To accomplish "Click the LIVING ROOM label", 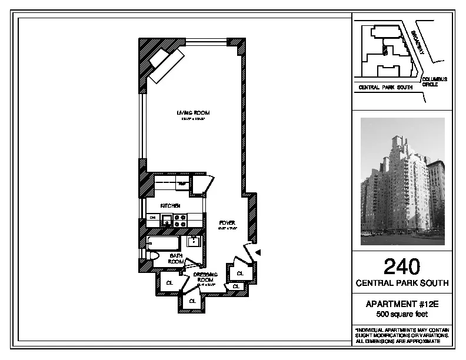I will [193, 112].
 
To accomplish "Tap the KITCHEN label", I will [171, 205].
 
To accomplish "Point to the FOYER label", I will [227, 222].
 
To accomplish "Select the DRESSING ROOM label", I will [205, 277].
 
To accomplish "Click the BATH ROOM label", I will [176, 258].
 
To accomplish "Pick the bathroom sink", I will [193, 241].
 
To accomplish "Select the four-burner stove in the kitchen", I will [181, 221].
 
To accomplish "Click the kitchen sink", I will [167, 221].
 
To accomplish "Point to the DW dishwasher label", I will [152, 218].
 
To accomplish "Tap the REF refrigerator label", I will [182, 184].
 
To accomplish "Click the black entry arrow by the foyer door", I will [258, 252].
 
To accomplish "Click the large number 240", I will [402, 268].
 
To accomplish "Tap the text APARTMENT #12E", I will [402, 304].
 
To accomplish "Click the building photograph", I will [402, 181].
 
